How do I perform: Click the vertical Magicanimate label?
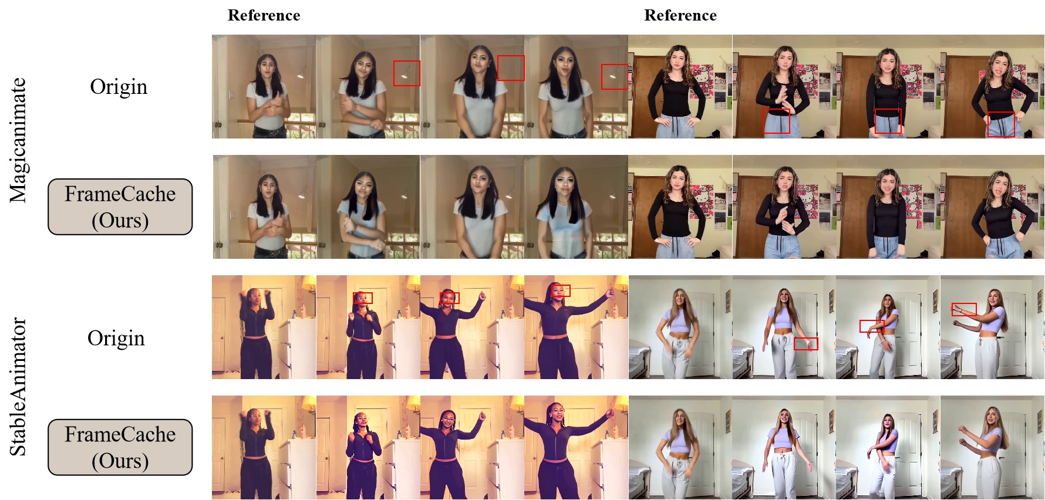(18, 140)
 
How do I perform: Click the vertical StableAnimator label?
(18, 387)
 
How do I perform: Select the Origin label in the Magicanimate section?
(119, 87)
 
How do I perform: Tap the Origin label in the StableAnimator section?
(116, 339)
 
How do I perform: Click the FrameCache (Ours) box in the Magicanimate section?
(120, 207)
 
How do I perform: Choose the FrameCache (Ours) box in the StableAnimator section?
(120, 447)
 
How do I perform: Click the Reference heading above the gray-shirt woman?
(264, 15)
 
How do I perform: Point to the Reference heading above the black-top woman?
(680, 15)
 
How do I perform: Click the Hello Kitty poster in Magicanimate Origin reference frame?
(702, 82)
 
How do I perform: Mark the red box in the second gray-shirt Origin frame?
(407, 73)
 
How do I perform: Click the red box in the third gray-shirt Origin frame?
(511, 68)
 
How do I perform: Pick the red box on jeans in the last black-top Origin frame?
(1001, 124)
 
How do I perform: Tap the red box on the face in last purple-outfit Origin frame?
(561, 291)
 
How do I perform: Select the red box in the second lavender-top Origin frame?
(805, 344)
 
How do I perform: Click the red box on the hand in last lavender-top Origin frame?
(964, 309)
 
